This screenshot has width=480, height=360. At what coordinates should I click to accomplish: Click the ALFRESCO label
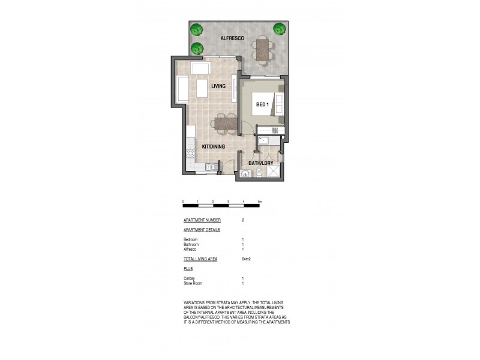click(231, 38)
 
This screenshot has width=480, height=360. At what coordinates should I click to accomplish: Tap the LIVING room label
click(218, 86)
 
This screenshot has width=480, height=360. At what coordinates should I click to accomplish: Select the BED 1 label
click(262, 104)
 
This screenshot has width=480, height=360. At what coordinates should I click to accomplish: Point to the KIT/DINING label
click(213, 145)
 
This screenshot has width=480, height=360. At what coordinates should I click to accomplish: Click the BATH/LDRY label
click(261, 161)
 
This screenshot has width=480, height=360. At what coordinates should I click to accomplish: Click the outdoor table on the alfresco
click(262, 49)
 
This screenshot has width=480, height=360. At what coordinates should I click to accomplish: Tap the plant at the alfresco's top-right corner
click(279, 28)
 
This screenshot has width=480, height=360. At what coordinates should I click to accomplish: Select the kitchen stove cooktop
click(191, 154)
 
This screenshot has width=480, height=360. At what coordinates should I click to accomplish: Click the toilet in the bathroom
click(258, 173)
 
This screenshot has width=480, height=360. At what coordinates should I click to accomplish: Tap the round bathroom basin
click(245, 174)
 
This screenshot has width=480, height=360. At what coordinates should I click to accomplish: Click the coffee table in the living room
click(202, 89)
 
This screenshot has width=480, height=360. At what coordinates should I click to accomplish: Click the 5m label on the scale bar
click(259, 202)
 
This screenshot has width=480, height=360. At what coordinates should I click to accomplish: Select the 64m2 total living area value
click(245, 259)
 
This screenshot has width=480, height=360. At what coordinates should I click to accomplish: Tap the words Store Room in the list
click(193, 283)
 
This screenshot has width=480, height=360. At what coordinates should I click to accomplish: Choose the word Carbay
click(190, 278)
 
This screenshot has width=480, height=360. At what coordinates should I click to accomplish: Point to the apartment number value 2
click(242, 220)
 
